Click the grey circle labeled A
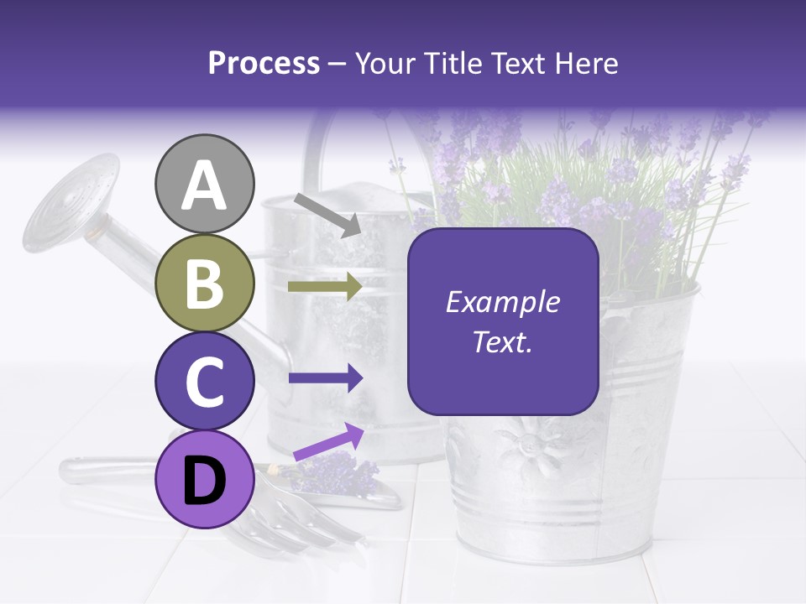[x=205, y=185]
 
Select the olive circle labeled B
[x=205, y=284]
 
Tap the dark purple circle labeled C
[x=205, y=382]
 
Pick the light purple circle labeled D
[x=205, y=480]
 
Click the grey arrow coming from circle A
[x=327, y=214]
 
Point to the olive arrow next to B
[x=324, y=287]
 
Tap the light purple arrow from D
[x=328, y=443]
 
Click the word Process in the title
[x=264, y=64]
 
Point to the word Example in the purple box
[x=502, y=302]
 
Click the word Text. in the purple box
[x=502, y=342]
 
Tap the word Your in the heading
[x=383, y=64]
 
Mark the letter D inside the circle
[x=205, y=481]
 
